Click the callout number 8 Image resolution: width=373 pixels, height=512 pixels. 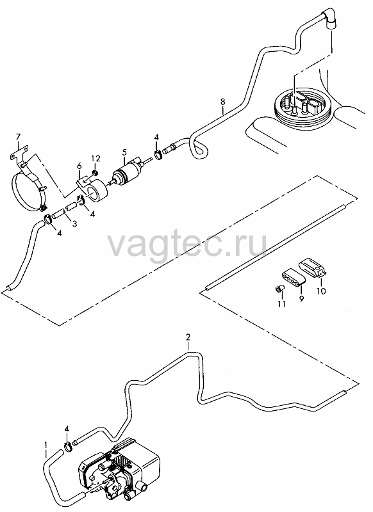click(x=222, y=102)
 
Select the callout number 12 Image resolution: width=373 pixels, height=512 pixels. click(x=95, y=158)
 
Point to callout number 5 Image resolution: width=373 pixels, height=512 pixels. click(x=124, y=152)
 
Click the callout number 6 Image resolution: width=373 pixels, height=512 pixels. click(x=79, y=166)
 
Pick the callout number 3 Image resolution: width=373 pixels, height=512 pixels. click(x=75, y=224)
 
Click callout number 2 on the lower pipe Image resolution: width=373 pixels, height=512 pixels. click(x=188, y=337)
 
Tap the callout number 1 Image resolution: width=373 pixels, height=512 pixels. click(x=46, y=445)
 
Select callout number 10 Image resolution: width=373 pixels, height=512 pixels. click(x=321, y=291)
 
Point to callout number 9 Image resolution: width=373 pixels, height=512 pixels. click(x=301, y=298)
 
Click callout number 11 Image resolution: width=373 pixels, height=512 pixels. click(x=282, y=304)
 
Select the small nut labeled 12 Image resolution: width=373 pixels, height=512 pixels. click(x=95, y=172)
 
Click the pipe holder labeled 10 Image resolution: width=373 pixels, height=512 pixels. click(x=313, y=268)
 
